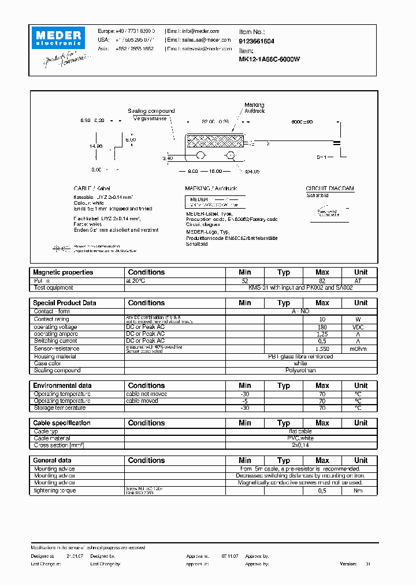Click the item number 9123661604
click(x=257, y=41)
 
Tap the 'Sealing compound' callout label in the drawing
click(x=151, y=111)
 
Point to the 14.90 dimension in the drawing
click(x=95, y=147)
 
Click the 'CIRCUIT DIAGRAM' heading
click(x=330, y=189)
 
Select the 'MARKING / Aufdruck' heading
click(x=211, y=189)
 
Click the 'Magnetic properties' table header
click(x=63, y=272)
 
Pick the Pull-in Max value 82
click(x=322, y=280)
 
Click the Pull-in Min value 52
click(x=244, y=280)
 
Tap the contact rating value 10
click(x=322, y=319)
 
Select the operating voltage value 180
click(x=322, y=327)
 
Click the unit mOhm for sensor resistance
click(x=361, y=349)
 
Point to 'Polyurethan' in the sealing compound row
click(x=300, y=371)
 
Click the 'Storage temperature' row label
click(x=60, y=408)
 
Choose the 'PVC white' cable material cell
click(x=300, y=438)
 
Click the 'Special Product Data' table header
click(x=65, y=303)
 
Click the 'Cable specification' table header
click(x=62, y=423)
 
